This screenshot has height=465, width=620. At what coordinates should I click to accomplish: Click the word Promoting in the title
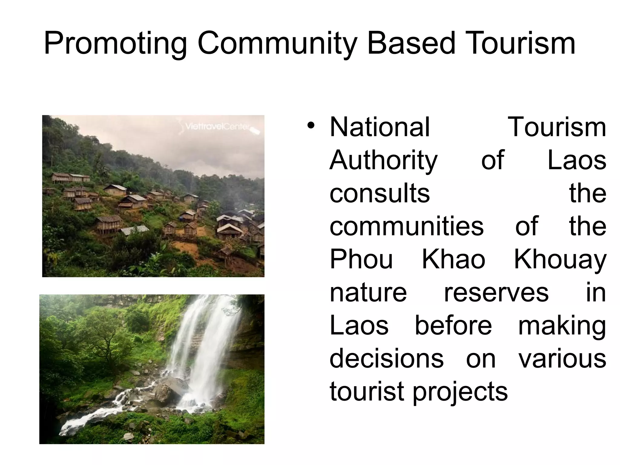click(115, 44)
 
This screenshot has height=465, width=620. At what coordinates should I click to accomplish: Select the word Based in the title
click(411, 44)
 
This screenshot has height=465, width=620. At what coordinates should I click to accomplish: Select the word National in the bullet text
click(380, 127)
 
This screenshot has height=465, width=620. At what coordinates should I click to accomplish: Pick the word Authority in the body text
click(384, 160)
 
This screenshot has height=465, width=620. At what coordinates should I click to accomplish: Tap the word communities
click(407, 226)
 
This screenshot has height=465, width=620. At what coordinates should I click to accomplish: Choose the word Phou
click(361, 259)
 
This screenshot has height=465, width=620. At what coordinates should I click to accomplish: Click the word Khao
click(453, 259)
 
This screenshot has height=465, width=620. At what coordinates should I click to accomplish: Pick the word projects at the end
click(460, 392)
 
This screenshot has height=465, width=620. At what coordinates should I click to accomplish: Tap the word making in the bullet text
click(562, 326)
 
